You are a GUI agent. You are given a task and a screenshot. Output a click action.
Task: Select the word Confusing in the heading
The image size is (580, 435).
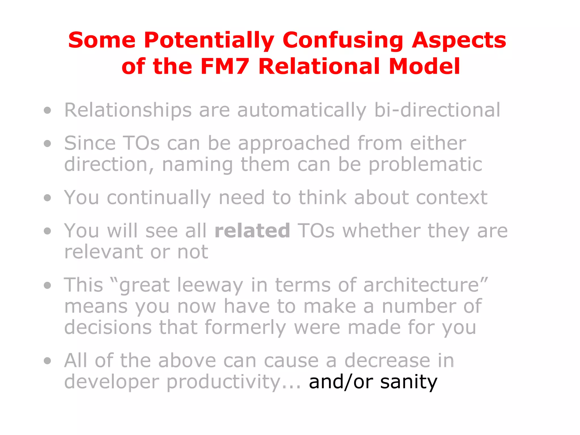pos(343,40)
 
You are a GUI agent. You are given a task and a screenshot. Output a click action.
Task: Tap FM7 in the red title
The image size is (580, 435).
pos(225,67)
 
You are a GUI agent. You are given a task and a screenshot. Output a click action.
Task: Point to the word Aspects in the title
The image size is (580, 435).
pos(459,40)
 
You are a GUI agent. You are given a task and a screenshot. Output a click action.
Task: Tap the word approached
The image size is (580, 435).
pos(294,144)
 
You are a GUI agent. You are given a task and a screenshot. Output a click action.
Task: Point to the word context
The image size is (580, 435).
pos(452,197)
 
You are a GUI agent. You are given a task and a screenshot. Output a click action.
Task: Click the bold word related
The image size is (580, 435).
pos(252,231)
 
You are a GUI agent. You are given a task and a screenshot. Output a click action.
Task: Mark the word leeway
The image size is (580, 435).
pos(210,285)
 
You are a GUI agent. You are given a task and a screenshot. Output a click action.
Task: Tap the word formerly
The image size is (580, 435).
pos(245,328)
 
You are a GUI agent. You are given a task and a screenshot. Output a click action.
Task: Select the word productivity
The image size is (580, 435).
pos(223,382)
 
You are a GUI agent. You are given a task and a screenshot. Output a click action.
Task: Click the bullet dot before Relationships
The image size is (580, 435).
pos(48,110)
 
